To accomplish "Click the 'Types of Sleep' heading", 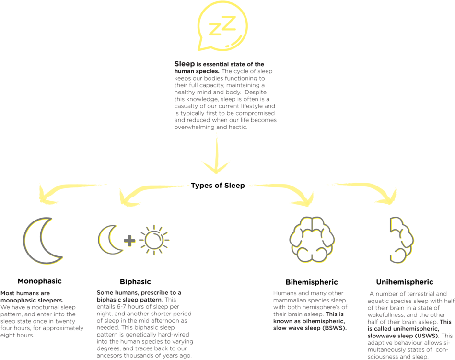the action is pos(218,186).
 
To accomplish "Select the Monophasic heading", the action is pos(40,281).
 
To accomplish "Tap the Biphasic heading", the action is pos(136,282).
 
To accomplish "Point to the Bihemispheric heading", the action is pos(312,282).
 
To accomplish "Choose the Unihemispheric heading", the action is pos(405,282).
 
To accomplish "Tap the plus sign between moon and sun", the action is pos(129,241).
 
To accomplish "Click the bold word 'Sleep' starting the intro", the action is pos(185,64).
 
